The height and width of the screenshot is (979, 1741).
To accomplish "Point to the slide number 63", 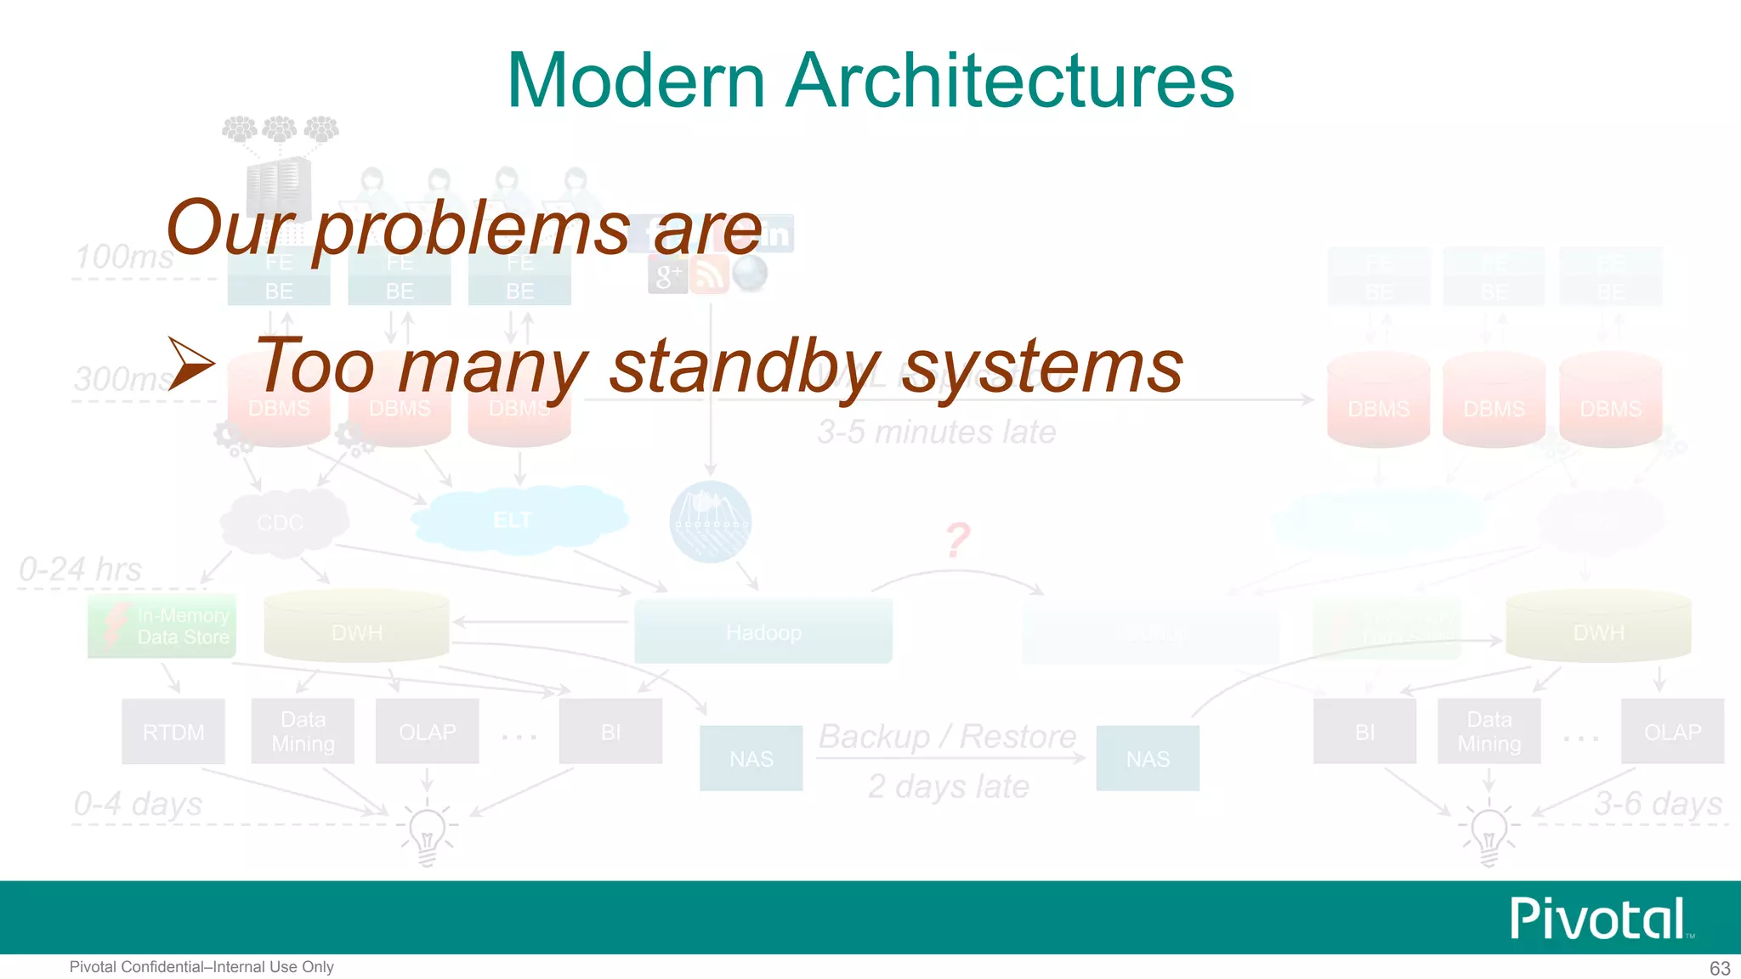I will pyautogui.click(x=1720, y=968).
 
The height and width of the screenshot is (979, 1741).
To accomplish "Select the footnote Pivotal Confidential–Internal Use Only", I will pyautogui.click(x=201, y=967).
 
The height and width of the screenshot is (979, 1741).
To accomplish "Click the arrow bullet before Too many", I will pyautogui.click(x=191, y=364).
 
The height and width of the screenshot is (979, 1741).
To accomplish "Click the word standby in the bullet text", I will pyautogui.click(x=745, y=367).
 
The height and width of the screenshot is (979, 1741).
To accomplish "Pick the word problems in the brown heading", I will pyautogui.click(x=472, y=229).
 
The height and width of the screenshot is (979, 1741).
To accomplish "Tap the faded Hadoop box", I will pyautogui.click(x=763, y=631).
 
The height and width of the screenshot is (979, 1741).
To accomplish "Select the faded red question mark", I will pyautogui.click(x=958, y=540).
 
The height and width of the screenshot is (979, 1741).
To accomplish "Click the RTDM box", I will pyautogui.click(x=173, y=732).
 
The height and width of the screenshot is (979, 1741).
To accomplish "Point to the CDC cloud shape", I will pyautogui.click(x=282, y=522).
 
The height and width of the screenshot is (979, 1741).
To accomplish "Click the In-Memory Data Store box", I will pyautogui.click(x=162, y=626).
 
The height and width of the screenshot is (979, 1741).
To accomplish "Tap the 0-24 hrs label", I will pyautogui.click(x=80, y=569).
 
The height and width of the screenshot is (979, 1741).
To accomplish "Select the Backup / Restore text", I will pyautogui.click(x=947, y=736).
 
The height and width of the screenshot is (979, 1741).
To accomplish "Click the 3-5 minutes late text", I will pyautogui.click(x=937, y=432).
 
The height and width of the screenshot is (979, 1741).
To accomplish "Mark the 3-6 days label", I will pyautogui.click(x=1658, y=803).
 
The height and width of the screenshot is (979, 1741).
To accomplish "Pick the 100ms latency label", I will pyautogui.click(x=124, y=257).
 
